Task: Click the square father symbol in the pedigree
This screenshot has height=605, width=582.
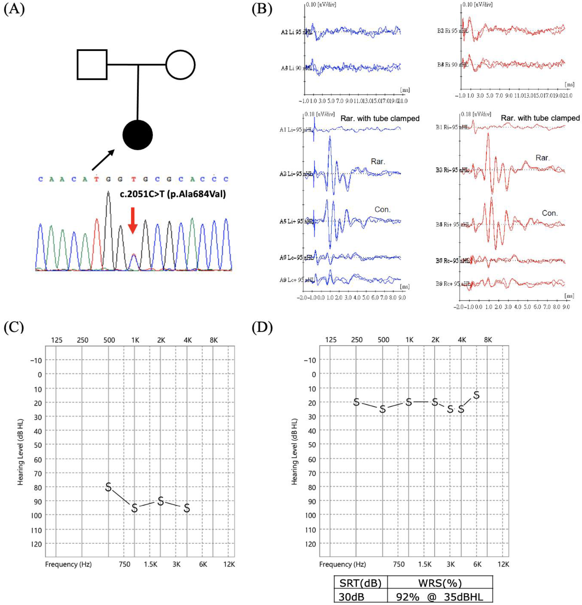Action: [92, 65]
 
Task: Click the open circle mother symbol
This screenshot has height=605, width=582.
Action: [180, 65]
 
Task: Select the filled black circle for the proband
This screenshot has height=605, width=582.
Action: [138, 135]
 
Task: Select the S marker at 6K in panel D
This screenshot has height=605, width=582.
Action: [476, 395]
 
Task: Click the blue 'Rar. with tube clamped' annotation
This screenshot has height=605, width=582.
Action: [380, 118]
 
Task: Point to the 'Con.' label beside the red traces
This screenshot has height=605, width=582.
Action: [550, 213]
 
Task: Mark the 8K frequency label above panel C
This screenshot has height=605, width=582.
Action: [214, 340]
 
